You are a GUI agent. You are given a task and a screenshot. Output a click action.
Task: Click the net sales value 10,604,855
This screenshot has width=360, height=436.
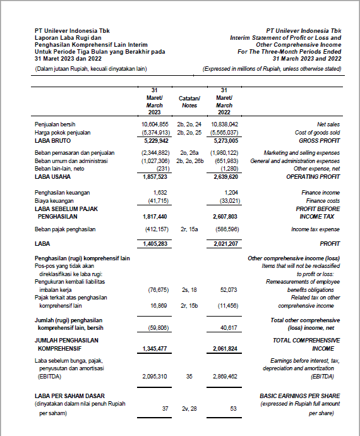[154, 125]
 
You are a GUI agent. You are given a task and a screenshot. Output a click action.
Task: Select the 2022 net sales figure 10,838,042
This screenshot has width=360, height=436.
[225, 125]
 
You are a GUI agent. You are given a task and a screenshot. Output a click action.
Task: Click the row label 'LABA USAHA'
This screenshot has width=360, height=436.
[52, 177]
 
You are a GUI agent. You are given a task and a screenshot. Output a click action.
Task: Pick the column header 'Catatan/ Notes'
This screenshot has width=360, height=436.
[189, 102]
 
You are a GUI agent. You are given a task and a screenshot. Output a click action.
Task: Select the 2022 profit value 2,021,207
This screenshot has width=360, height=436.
[225, 243]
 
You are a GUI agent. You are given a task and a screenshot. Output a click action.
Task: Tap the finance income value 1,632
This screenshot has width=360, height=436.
[160, 191]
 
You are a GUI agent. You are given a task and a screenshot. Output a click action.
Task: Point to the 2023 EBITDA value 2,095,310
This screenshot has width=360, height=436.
[154, 376]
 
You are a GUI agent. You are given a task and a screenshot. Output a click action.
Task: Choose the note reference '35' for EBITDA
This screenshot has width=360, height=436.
[189, 376]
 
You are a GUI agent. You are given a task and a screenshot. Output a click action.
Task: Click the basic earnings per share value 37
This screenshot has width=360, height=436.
[165, 409]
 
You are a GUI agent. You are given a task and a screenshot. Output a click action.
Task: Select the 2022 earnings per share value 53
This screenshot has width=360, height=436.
[233, 409]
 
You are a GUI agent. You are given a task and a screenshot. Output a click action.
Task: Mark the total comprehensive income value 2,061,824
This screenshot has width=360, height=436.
[225, 348]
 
